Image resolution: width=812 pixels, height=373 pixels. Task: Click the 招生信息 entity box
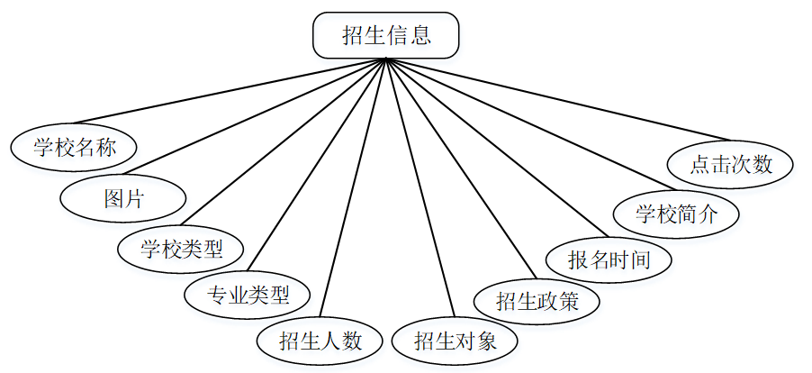point(385,37)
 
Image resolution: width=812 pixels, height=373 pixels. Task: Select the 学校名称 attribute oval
point(75,147)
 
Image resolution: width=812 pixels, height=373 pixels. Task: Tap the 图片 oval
point(123,198)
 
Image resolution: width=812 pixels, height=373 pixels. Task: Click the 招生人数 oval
point(320,341)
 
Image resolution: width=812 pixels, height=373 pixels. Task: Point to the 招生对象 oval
point(455,341)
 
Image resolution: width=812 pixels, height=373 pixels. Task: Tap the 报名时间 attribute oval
point(609,260)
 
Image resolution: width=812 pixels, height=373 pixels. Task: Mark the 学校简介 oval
point(676,214)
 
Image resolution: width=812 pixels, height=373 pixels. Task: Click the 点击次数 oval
point(731,165)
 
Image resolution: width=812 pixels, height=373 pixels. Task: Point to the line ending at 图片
point(254,118)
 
